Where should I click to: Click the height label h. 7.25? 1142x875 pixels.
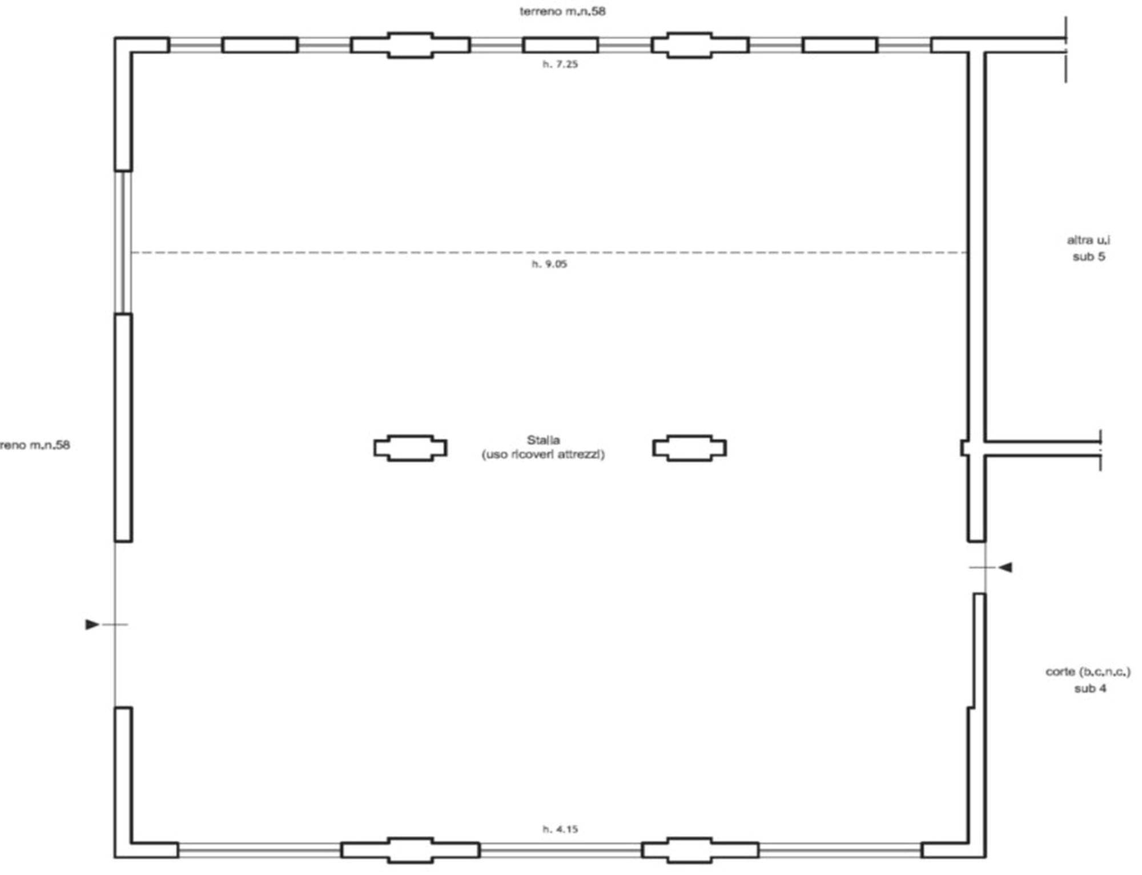(x=560, y=64)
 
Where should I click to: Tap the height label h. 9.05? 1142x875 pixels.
(x=549, y=264)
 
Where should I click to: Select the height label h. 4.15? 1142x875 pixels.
(x=560, y=829)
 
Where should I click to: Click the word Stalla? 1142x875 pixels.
(x=543, y=440)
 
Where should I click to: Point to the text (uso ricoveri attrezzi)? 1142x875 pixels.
(x=543, y=454)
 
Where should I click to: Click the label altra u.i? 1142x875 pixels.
(x=1088, y=240)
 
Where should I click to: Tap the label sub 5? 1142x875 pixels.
(x=1089, y=257)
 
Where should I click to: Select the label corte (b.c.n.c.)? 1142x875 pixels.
(x=1088, y=672)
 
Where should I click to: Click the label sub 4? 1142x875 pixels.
(x=1090, y=688)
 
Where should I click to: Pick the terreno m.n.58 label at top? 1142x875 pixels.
(x=562, y=11)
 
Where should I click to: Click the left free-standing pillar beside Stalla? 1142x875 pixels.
(x=411, y=448)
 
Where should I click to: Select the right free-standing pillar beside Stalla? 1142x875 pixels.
(x=690, y=448)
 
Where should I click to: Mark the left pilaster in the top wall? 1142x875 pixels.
(x=411, y=45)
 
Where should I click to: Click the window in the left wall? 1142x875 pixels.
(x=123, y=242)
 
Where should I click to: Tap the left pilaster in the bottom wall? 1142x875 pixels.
(x=411, y=850)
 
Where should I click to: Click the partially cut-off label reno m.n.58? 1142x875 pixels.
(x=35, y=445)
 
